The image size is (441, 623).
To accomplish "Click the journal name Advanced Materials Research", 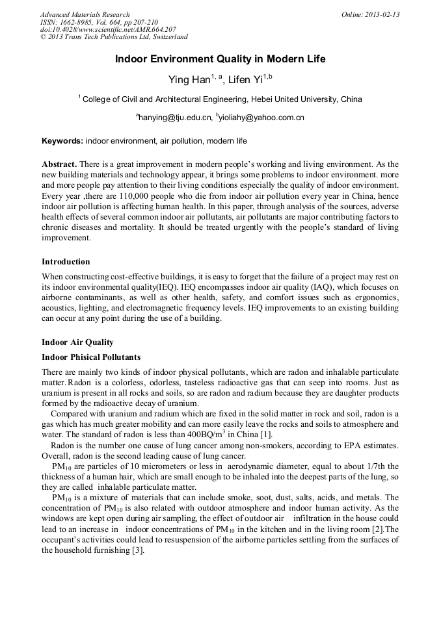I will coord(85,14).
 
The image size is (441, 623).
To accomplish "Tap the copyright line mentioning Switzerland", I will coord(114,37).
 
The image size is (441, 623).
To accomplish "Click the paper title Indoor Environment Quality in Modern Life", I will coord(220,59).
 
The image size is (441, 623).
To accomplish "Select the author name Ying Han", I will coord(189,80).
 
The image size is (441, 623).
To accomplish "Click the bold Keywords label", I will coord(62,140).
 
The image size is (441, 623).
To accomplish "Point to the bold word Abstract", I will coord(60,164).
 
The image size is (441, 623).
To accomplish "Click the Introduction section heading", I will coord(66,262).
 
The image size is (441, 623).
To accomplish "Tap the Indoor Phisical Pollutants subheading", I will coord(91,357).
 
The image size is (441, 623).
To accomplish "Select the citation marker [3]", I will coord(137,550).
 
